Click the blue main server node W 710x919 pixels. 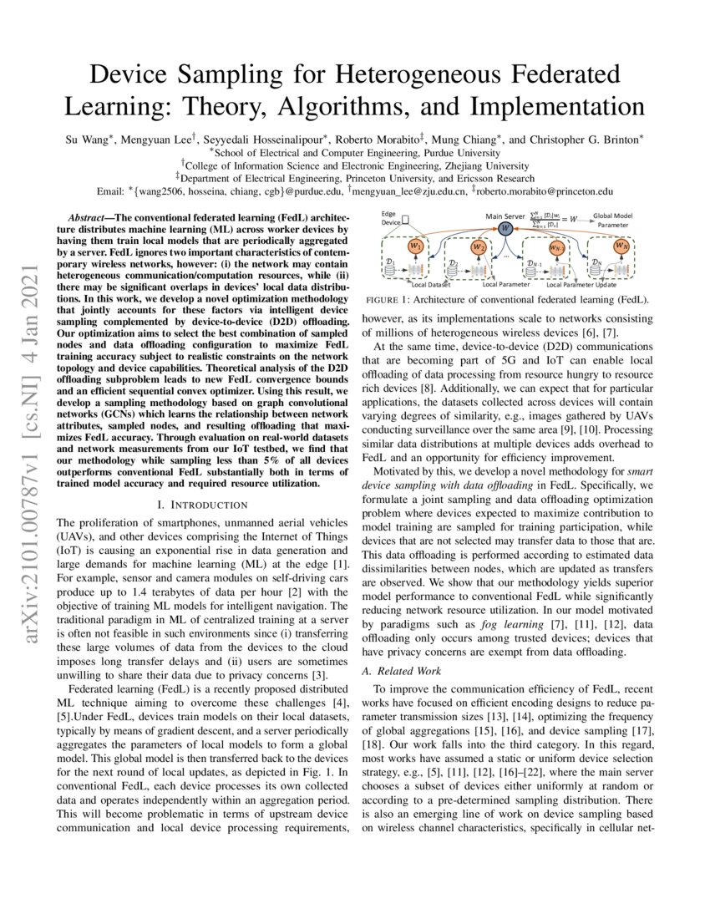(505, 228)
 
